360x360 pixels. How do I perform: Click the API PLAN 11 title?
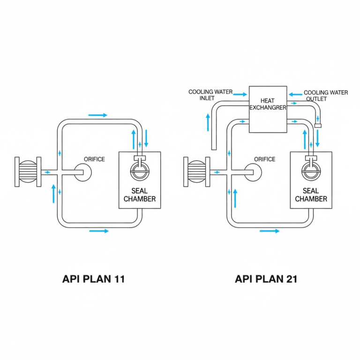[x=93, y=279]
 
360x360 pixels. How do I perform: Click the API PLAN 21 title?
[x=266, y=279]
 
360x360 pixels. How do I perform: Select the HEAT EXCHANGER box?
[x=268, y=109]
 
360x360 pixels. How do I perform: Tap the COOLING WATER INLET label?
[x=210, y=95]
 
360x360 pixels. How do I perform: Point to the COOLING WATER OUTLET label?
[x=326, y=96]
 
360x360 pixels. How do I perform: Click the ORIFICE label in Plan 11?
[x=94, y=159]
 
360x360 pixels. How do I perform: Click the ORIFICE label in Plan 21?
[x=265, y=159]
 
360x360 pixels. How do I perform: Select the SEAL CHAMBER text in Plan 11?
[x=140, y=195]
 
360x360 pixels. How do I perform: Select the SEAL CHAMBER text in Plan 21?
[x=311, y=195]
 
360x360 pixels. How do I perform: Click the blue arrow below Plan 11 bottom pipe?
[x=98, y=231]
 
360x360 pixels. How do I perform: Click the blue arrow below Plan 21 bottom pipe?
[x=270, y=231]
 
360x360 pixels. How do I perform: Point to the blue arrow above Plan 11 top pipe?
[x=97, y=115]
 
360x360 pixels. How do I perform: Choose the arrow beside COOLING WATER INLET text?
[x=240, y=94]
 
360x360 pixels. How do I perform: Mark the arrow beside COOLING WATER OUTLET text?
[x=295, y=94]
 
